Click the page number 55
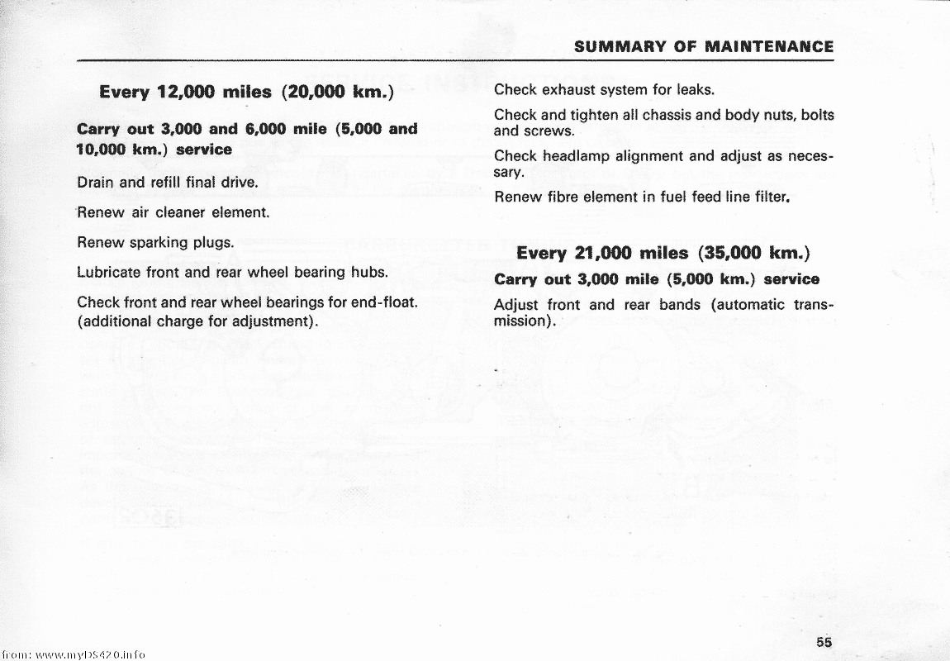(x=822, y=641)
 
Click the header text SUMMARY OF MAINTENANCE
(x=704, y=47)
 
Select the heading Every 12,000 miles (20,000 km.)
(x=245, y=92)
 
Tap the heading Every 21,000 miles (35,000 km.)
(x=663, y=253)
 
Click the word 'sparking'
(x=156, y=244)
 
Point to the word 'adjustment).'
(x=277, y=321)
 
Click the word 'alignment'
(x=650, y=155)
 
